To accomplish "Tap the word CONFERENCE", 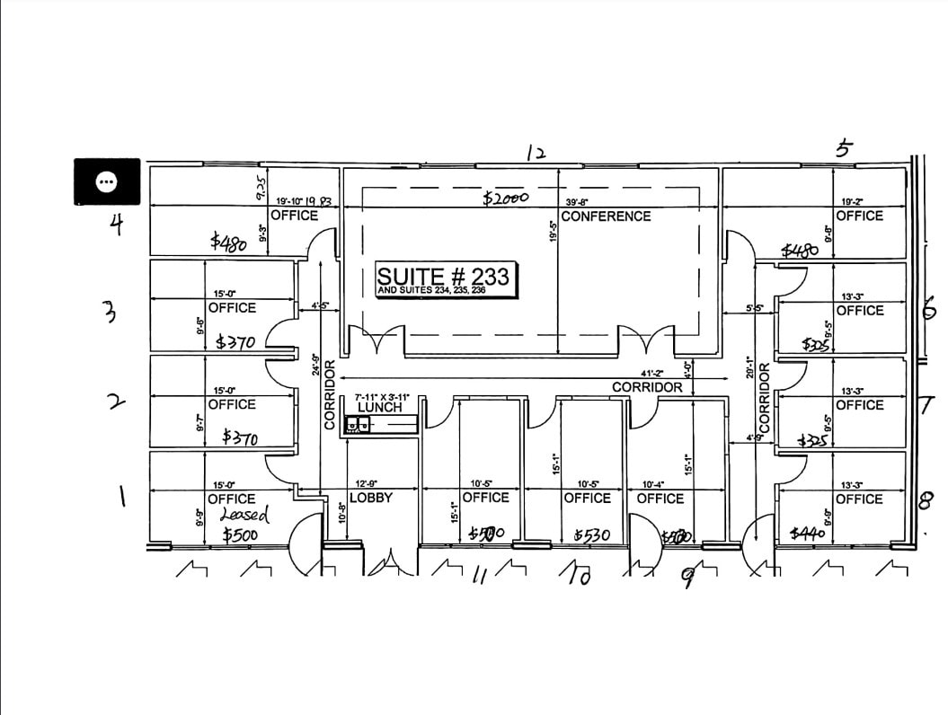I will coord(606,216).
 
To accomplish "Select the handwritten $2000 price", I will coord(506,199).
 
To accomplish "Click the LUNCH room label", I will coord(380,408).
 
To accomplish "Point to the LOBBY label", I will coord(371,498).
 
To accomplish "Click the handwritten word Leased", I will coord(244,515).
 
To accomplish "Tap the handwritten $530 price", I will coord(592,536).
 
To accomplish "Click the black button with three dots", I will coord(106,181).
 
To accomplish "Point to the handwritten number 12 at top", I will coord(536,153).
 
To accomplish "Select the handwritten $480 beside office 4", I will coord(228,241).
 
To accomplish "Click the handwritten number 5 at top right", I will coord(843,149).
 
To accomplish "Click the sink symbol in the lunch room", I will coord(359,425).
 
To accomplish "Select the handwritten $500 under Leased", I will coord(241,536).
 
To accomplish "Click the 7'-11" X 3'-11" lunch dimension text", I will coord(382,396).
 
